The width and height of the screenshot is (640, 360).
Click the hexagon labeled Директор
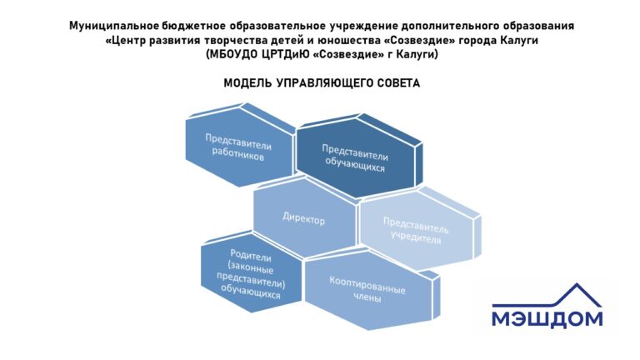tap(304, 218)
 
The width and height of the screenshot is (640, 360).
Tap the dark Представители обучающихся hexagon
tap(358, 158)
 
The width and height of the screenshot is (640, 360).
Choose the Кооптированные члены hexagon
tap(370, 290)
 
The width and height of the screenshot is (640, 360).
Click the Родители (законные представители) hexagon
tap(252, 272)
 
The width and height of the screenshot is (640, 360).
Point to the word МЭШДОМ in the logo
tap(547, 319)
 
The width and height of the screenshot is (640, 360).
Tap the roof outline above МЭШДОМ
tap(547, 295)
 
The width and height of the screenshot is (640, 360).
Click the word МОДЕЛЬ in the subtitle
tap(247, 83)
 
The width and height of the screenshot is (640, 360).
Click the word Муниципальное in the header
tap(114, 26)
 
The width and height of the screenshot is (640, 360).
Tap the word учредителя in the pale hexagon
tap(416, 237)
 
